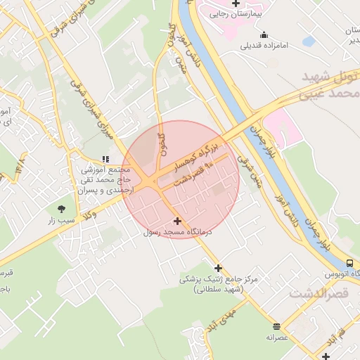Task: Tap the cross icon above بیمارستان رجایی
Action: point(236,3)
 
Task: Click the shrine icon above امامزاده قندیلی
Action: point(264,35)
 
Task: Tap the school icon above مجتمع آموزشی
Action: point(105,160)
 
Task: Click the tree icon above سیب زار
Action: point(60,208)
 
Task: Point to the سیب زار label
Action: point(60,220)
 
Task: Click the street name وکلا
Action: point(90,218)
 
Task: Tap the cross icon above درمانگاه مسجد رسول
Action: point(176,221)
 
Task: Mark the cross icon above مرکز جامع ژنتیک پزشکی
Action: point(219,268)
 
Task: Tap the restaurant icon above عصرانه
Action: point(277,326)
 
